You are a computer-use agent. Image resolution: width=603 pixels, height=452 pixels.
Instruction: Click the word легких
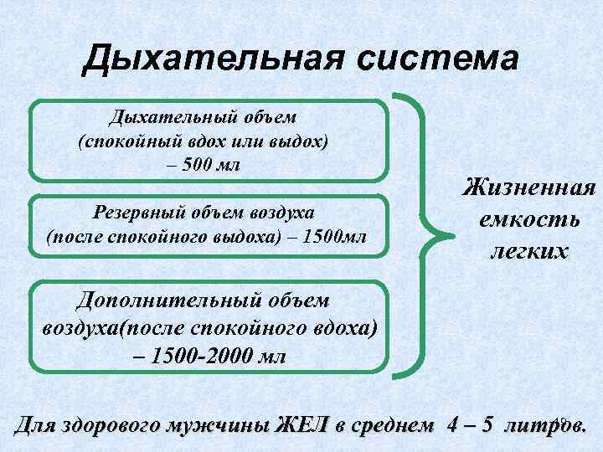(x=528, y=251)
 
